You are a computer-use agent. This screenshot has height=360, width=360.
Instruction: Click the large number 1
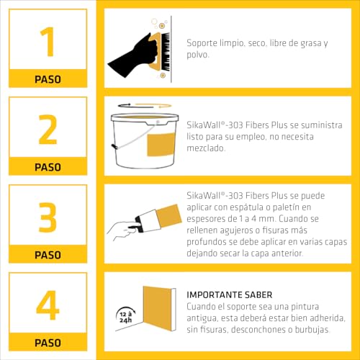48,41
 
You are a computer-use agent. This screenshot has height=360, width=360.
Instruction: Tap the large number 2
48,130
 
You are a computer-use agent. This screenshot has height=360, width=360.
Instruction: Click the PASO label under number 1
48,79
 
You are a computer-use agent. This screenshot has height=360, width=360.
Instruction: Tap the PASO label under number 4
48,343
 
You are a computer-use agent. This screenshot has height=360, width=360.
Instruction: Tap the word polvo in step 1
199,55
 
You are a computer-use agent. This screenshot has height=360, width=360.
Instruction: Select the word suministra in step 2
318,125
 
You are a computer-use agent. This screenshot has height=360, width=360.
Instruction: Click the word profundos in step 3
208,242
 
